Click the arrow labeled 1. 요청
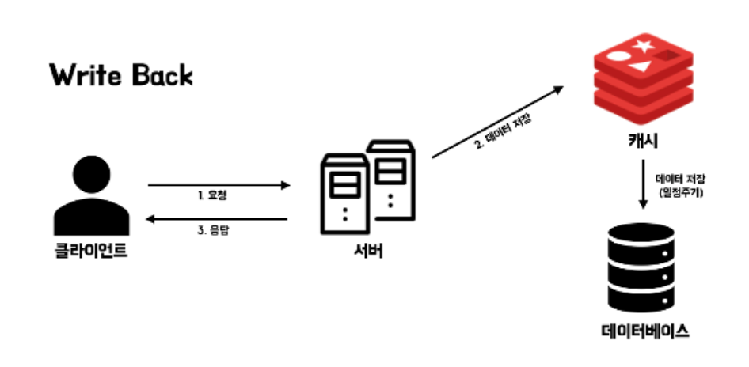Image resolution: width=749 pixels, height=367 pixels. tap(219, 186)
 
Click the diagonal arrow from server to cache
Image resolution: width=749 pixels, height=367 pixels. tap(499, 123)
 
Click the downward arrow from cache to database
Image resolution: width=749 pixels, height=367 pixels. tap(642, 185)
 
